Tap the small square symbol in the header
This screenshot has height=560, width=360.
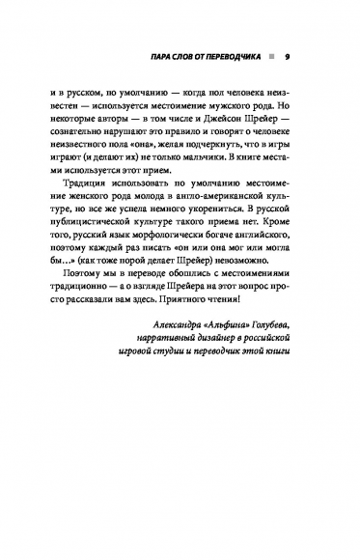tap(273, 54)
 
